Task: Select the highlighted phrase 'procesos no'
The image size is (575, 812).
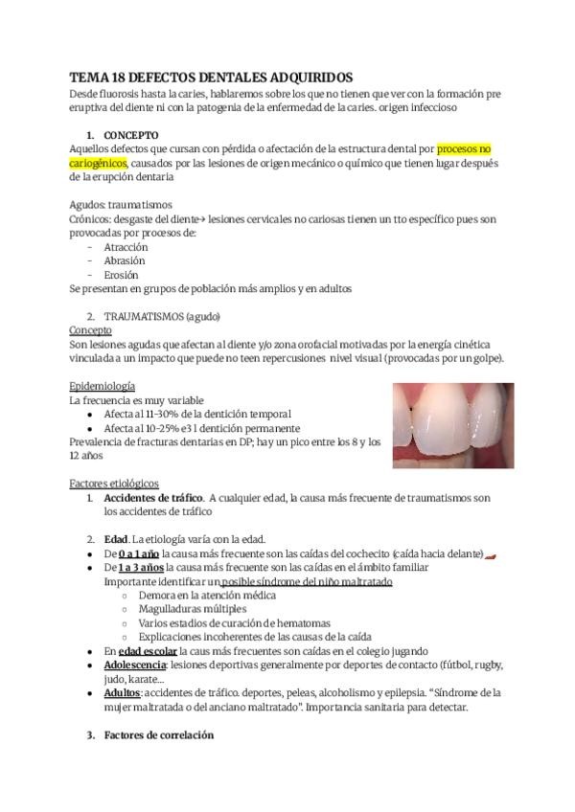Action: [x=464, y=149]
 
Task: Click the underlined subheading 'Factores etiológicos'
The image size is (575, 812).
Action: [x=114, y=484]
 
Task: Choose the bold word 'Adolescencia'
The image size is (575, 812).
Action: [x=135, y=665]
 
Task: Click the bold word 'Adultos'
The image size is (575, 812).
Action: [x=122, y=692]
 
